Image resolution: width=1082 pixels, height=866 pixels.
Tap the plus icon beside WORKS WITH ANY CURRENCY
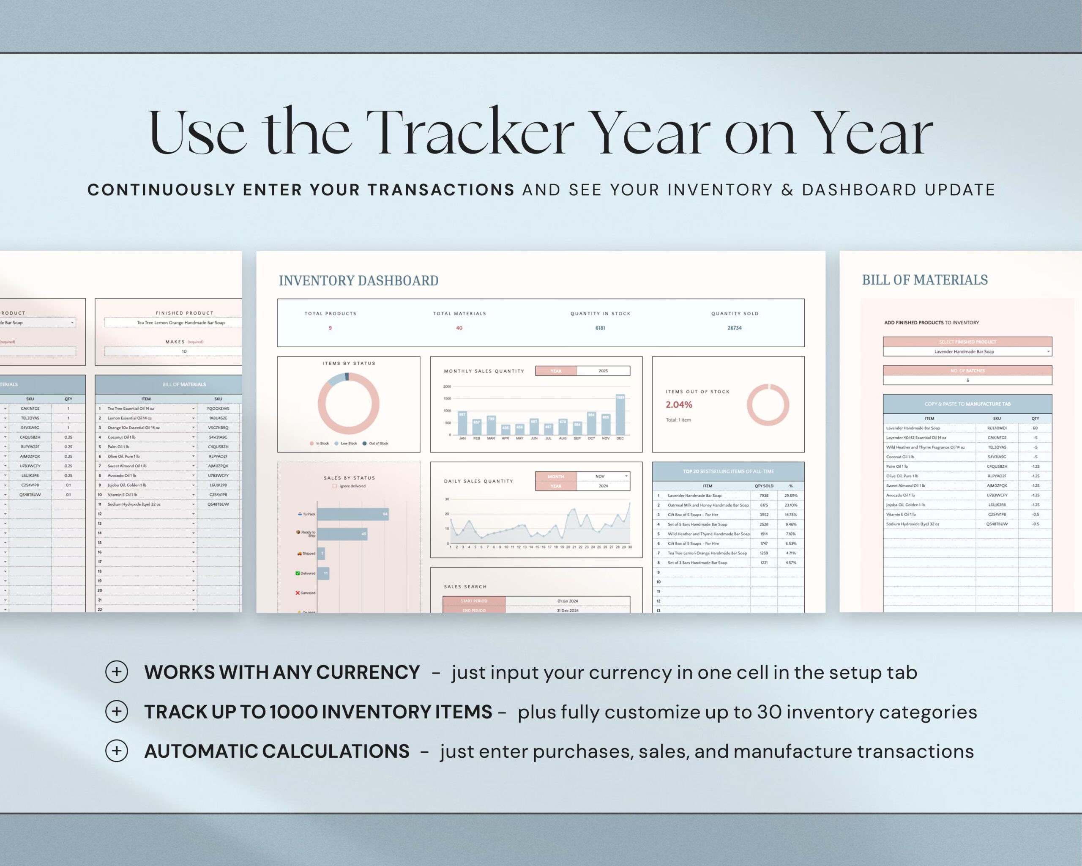116,672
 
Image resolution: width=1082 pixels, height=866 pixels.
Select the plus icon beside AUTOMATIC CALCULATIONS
116,751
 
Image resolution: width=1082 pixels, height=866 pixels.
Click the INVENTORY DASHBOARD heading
358,281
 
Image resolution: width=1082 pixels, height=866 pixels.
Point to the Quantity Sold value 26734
734,328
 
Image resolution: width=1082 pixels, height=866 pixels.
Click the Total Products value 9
330,328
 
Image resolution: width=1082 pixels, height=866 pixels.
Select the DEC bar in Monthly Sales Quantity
620,415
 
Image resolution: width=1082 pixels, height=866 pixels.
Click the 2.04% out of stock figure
678,405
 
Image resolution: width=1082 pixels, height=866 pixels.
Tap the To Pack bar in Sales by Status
352,514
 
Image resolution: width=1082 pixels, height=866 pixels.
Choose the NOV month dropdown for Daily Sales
603,476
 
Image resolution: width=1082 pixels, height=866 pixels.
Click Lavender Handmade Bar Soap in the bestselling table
694,496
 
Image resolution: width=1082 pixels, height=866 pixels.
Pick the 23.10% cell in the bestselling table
790,505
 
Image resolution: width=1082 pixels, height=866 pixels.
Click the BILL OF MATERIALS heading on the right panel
924,280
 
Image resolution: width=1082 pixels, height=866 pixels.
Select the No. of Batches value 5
967,380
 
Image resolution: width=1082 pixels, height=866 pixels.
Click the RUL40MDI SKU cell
997,428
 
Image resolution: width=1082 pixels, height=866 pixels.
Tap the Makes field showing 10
184,351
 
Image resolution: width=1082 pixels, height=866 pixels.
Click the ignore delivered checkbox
335,486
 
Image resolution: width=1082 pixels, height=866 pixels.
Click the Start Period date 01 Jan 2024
567,601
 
